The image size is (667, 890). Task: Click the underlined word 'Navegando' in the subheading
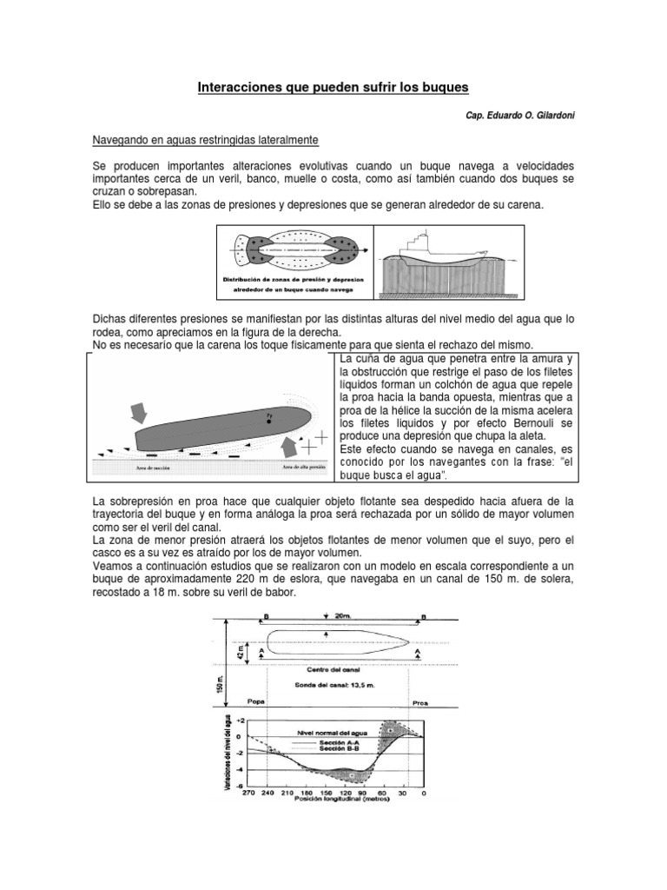click(122, 139)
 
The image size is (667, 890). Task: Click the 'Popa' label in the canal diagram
click(256, 699)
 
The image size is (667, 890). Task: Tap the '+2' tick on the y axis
click(240, 721)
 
